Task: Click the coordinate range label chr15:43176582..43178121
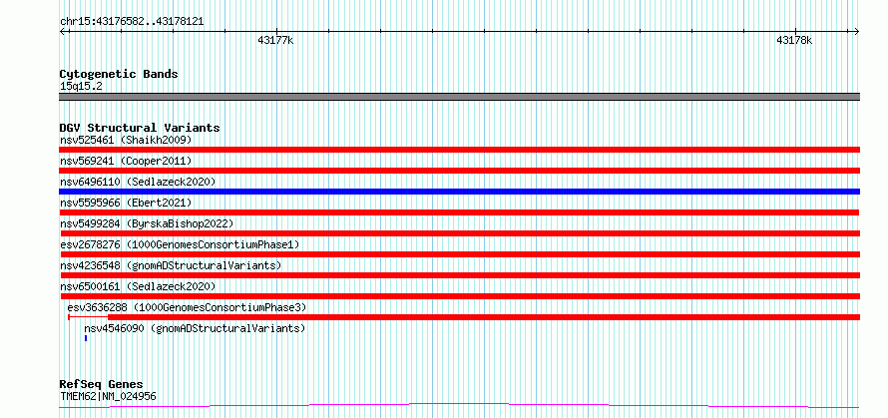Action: (132, 22)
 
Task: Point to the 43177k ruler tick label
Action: (275, 40)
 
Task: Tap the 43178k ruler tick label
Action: (794, 40)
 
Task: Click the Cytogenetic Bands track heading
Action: (119, 74)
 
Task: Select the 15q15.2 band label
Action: (81, 87)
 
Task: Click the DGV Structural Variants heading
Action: (140, 128)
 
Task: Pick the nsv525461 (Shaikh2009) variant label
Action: (126, 140)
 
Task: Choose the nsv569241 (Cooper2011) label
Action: (126, 161)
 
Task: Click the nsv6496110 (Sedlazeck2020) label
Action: (138, 182)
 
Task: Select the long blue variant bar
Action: (460, 192)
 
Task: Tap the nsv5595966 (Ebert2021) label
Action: (126, 203)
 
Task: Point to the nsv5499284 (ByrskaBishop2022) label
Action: (147, 223)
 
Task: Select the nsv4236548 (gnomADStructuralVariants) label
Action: (171, 265)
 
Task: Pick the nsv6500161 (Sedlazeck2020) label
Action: (138, 286)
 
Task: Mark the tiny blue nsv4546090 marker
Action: (86, 338)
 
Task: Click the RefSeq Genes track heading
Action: (101, 385)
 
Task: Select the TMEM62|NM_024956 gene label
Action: (108, 396)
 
